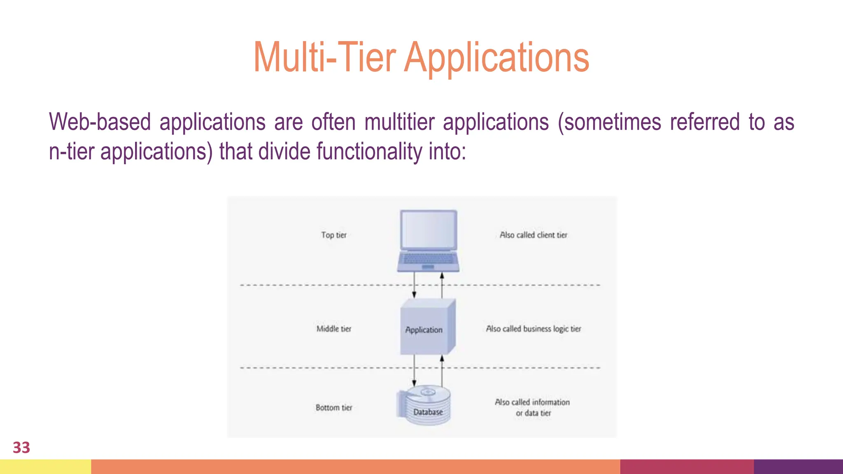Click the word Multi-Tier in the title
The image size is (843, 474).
(324, 58)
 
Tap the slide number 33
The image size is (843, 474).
(21, 448)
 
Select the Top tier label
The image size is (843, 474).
(334, 235)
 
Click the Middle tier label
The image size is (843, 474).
(334, 329)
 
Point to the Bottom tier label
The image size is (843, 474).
(334, 407)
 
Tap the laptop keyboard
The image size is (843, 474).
(428, 259)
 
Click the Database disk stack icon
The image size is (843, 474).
(426, 405)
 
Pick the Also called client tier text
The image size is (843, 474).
(533, 235)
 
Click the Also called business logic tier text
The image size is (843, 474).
(533, 329)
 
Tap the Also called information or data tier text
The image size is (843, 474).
(533, 407)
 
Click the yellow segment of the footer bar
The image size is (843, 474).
(45, 467)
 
